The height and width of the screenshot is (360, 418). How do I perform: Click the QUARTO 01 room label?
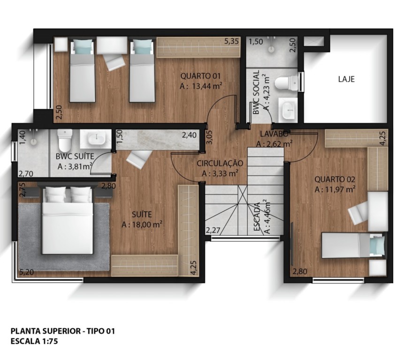click(200, 76)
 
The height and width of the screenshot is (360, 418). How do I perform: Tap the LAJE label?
click(346, 79)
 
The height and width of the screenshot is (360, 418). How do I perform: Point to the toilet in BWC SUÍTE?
click(65, 140)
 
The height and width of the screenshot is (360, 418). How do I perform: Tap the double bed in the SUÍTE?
click(68, 220)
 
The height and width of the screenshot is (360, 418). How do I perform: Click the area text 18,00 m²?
click(142, 225)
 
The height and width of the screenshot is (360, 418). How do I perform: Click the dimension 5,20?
click(27, 272)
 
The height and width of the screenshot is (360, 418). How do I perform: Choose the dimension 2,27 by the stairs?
click(213, 230)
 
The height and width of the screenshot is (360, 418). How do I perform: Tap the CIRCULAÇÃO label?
click(220, 163)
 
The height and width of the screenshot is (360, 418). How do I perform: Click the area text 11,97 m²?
click(335, 189)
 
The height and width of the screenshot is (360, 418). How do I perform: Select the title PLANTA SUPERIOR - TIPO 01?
click(63, 331)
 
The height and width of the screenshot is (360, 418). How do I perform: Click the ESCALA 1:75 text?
click(34, 341)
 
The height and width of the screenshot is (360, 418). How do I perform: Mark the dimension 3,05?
click(209, 137)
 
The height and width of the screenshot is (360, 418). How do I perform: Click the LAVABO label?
click(274, 134)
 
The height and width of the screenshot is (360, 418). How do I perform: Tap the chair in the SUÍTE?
click(139, 159)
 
